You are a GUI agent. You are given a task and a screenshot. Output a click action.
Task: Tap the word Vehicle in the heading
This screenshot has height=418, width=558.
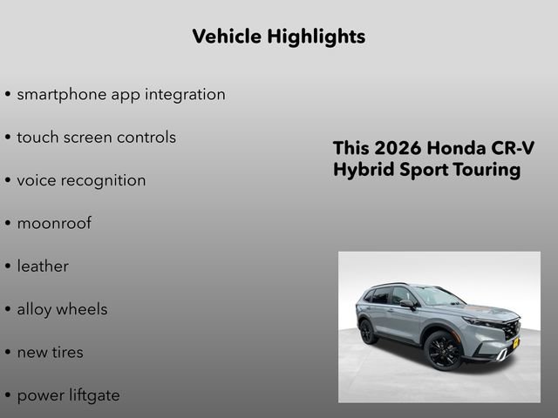[226, 37]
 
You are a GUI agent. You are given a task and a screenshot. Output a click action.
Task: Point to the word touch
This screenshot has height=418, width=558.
[37, 137]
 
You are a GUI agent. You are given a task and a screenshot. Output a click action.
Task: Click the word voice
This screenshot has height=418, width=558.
[37, 180]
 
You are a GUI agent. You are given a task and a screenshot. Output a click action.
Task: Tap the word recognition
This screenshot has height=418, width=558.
[105, 180]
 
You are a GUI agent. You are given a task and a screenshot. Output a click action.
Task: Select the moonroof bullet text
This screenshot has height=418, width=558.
[54, 223]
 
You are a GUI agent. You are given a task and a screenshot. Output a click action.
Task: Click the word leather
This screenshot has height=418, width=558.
[43, 266]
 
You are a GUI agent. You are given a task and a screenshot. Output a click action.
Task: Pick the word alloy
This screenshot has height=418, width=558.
[36, 309]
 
